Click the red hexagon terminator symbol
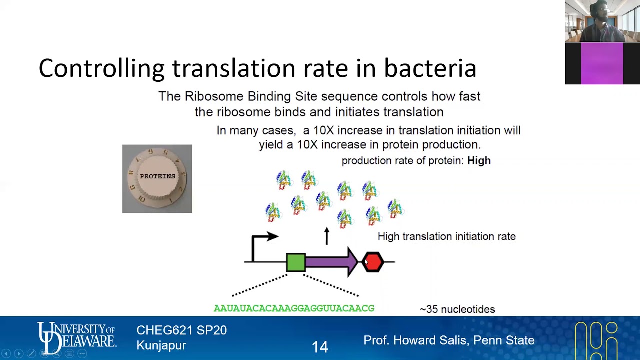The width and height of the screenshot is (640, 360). tap(373, 262)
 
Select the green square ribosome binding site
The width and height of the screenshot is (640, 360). tap(296, 262)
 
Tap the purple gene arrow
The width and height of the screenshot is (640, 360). tap(330, 262)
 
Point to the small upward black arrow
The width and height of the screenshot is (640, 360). tap(327, 236)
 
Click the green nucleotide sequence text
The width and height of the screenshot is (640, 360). tap(294, 309)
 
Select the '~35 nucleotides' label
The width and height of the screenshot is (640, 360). tap(457, 309)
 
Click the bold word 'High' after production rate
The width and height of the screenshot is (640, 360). tap(479, 161)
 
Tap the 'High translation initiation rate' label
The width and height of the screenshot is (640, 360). tap(446, 236)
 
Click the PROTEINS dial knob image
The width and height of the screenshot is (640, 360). tap(157, 179)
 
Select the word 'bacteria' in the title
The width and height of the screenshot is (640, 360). tap(430, 68)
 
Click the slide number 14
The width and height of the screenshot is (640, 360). tap(320, 347)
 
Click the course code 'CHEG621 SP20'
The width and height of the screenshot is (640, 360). tap(181, 330)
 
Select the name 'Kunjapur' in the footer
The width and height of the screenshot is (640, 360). tap(161, 345)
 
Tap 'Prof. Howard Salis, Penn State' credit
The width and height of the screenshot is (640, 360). tap(449, 340)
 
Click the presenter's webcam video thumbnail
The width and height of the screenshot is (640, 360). tap(602, 21)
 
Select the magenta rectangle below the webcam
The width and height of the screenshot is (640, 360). tap(602, 64)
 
